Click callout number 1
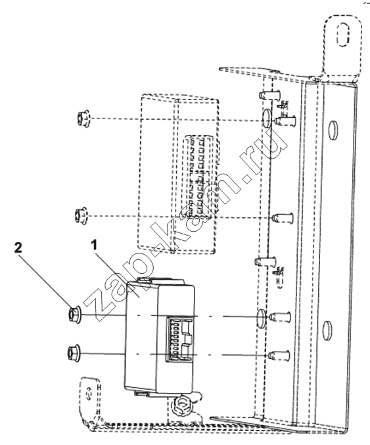(x=94, y=245)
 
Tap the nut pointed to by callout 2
(x=74, y=315)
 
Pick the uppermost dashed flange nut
(x=83, y=118)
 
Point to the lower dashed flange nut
(x=81, y=216)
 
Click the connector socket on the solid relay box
(x=180, y=340)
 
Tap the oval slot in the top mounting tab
(x=343, y=34)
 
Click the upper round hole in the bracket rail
(x=333, y=130)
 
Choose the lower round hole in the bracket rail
(x=327, y=330)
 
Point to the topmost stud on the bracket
(x=269, y=94)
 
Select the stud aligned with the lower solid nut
(x=279, y=355)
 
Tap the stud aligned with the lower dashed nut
(x=282, y=218)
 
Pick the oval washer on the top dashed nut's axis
(x=267, y=118)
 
